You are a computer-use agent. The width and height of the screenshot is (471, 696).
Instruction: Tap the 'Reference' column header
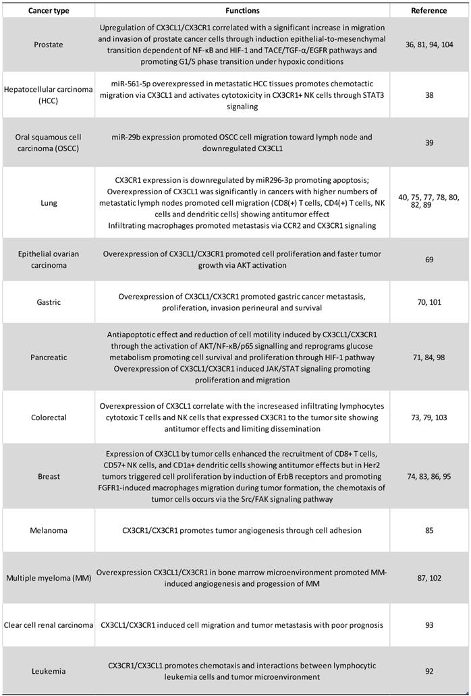coord(428,11)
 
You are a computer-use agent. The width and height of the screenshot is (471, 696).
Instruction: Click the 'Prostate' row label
coord(48,45)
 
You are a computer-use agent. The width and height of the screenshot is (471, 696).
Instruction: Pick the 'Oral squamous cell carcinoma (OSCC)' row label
coord(48,143)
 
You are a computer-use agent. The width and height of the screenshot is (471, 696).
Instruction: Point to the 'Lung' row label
coord(48,203)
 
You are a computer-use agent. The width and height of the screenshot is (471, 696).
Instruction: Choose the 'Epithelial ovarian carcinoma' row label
coord(48,260)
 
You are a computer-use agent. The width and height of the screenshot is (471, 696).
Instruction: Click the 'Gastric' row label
coord(48,302)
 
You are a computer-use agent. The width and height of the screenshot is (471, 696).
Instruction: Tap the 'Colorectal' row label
coord(48,417)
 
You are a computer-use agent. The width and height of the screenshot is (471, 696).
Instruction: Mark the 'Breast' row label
coord(48,476)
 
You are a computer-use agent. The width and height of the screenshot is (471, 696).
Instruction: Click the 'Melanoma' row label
coord(48,531)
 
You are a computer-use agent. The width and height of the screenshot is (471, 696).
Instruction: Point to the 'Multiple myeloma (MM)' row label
coord(48,578)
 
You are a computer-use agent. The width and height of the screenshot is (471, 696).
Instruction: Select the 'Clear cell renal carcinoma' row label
coord(48,625)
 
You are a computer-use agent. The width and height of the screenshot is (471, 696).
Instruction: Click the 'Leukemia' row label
coord(48,672)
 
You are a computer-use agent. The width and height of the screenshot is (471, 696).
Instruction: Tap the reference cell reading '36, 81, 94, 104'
coord(429,45)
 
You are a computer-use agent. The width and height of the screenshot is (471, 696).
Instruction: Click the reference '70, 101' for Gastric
coord(429,302)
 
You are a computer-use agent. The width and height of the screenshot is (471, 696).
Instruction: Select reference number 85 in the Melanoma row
coord(429,531)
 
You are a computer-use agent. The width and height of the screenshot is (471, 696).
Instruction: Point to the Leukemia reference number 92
coord(429,672)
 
